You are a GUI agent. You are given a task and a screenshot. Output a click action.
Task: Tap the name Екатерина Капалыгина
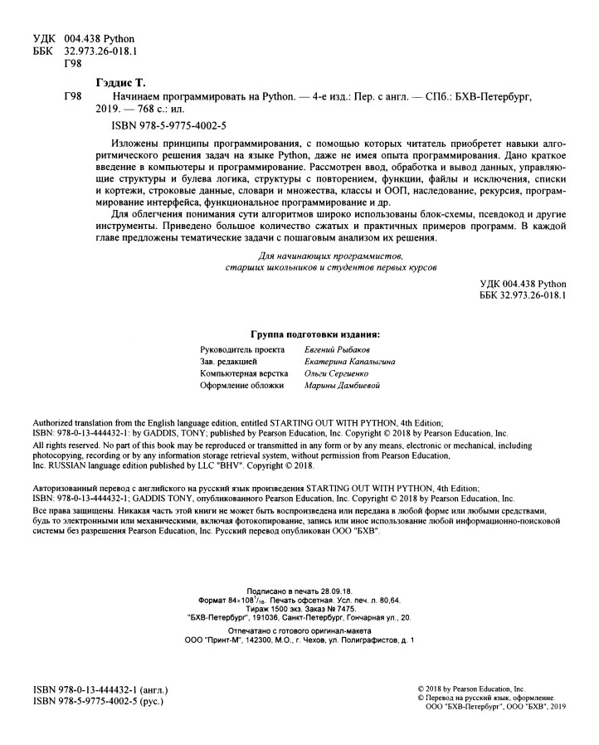pos(349,362)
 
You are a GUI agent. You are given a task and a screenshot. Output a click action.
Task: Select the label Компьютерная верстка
pos(242,373)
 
